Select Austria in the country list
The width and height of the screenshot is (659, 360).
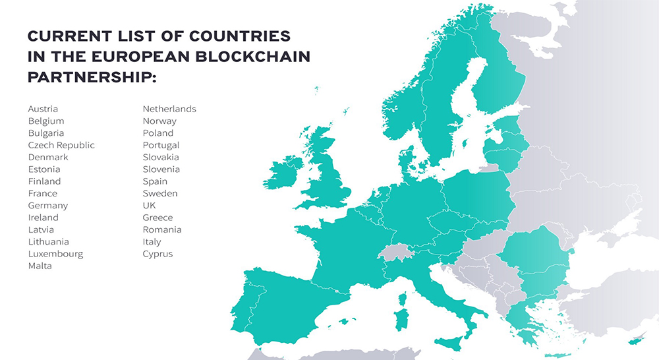(x=43, y=109)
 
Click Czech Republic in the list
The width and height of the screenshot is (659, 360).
(x=61, y=145)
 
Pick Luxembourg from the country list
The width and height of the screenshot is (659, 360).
(x=55, y=254)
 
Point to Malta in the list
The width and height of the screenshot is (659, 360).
(x=40, y=266)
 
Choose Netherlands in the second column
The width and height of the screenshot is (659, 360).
(x=169, y=109)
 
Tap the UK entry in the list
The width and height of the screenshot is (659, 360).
(x=150, y=206)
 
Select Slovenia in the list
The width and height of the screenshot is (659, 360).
(x=161, y=169)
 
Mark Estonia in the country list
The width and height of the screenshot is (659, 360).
(x=44, y=169)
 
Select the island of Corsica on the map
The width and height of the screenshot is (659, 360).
(x=402, y=299)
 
